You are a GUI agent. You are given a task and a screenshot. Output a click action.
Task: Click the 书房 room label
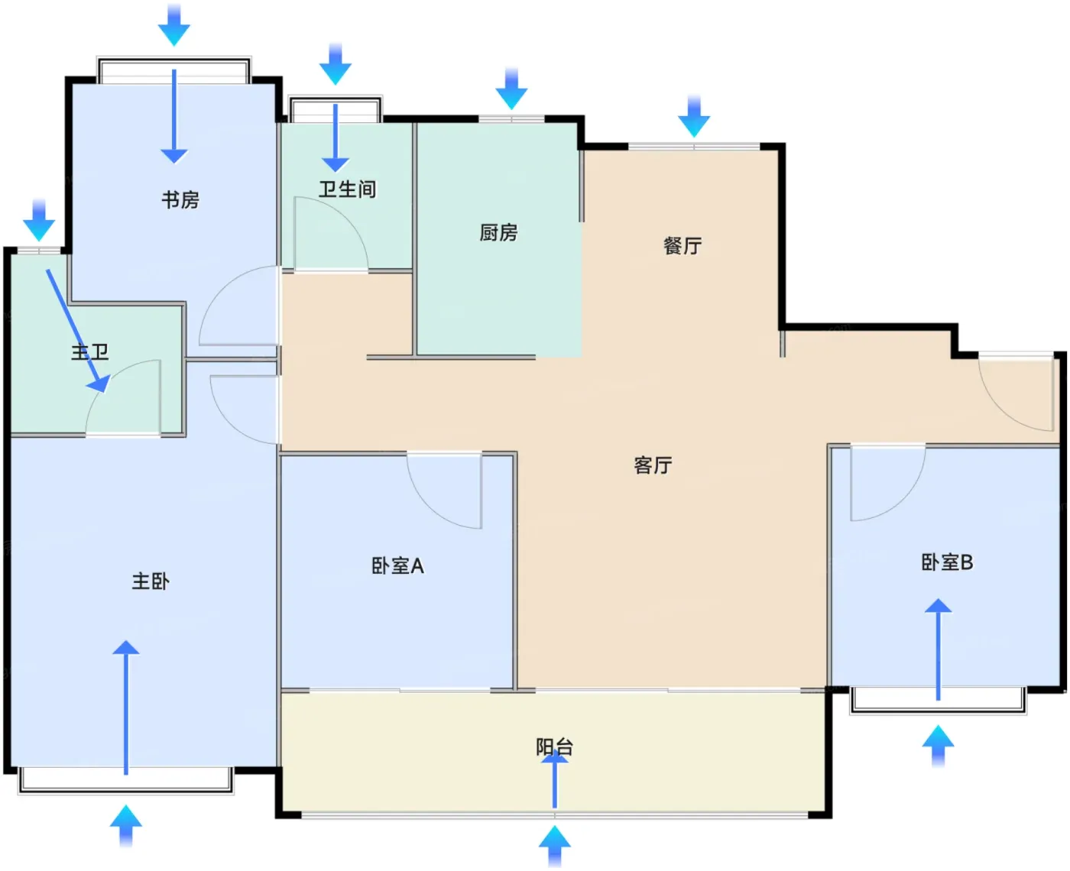click(180, 200)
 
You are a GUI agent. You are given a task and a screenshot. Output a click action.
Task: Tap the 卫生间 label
click(347, 189)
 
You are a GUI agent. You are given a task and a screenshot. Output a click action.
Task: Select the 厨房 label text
click(498, 233)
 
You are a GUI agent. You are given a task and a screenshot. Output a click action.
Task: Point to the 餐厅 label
click(682, 246)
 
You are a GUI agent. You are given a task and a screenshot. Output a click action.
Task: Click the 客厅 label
click(653, 465)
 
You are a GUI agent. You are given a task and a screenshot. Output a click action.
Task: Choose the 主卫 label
click(90, 352)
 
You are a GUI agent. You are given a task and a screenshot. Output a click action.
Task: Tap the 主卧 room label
click(151, 581)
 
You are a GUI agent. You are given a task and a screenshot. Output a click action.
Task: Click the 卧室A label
click(397, 566)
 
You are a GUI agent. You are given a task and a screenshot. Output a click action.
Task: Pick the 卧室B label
click(947, 562)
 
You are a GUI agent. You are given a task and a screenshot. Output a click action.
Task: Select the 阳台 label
click(554, 747)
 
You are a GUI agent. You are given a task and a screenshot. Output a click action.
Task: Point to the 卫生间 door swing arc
click(347, 217)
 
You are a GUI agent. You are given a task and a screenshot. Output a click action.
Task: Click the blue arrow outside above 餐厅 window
click(694, 116)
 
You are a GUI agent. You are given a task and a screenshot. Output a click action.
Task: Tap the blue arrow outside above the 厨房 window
click(511, 89)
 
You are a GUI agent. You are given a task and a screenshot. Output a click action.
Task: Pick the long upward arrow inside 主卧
click(125, 707)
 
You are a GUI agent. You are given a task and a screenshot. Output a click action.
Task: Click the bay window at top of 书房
click(173, 70)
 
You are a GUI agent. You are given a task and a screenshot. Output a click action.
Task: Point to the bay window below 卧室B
click(938, 701)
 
